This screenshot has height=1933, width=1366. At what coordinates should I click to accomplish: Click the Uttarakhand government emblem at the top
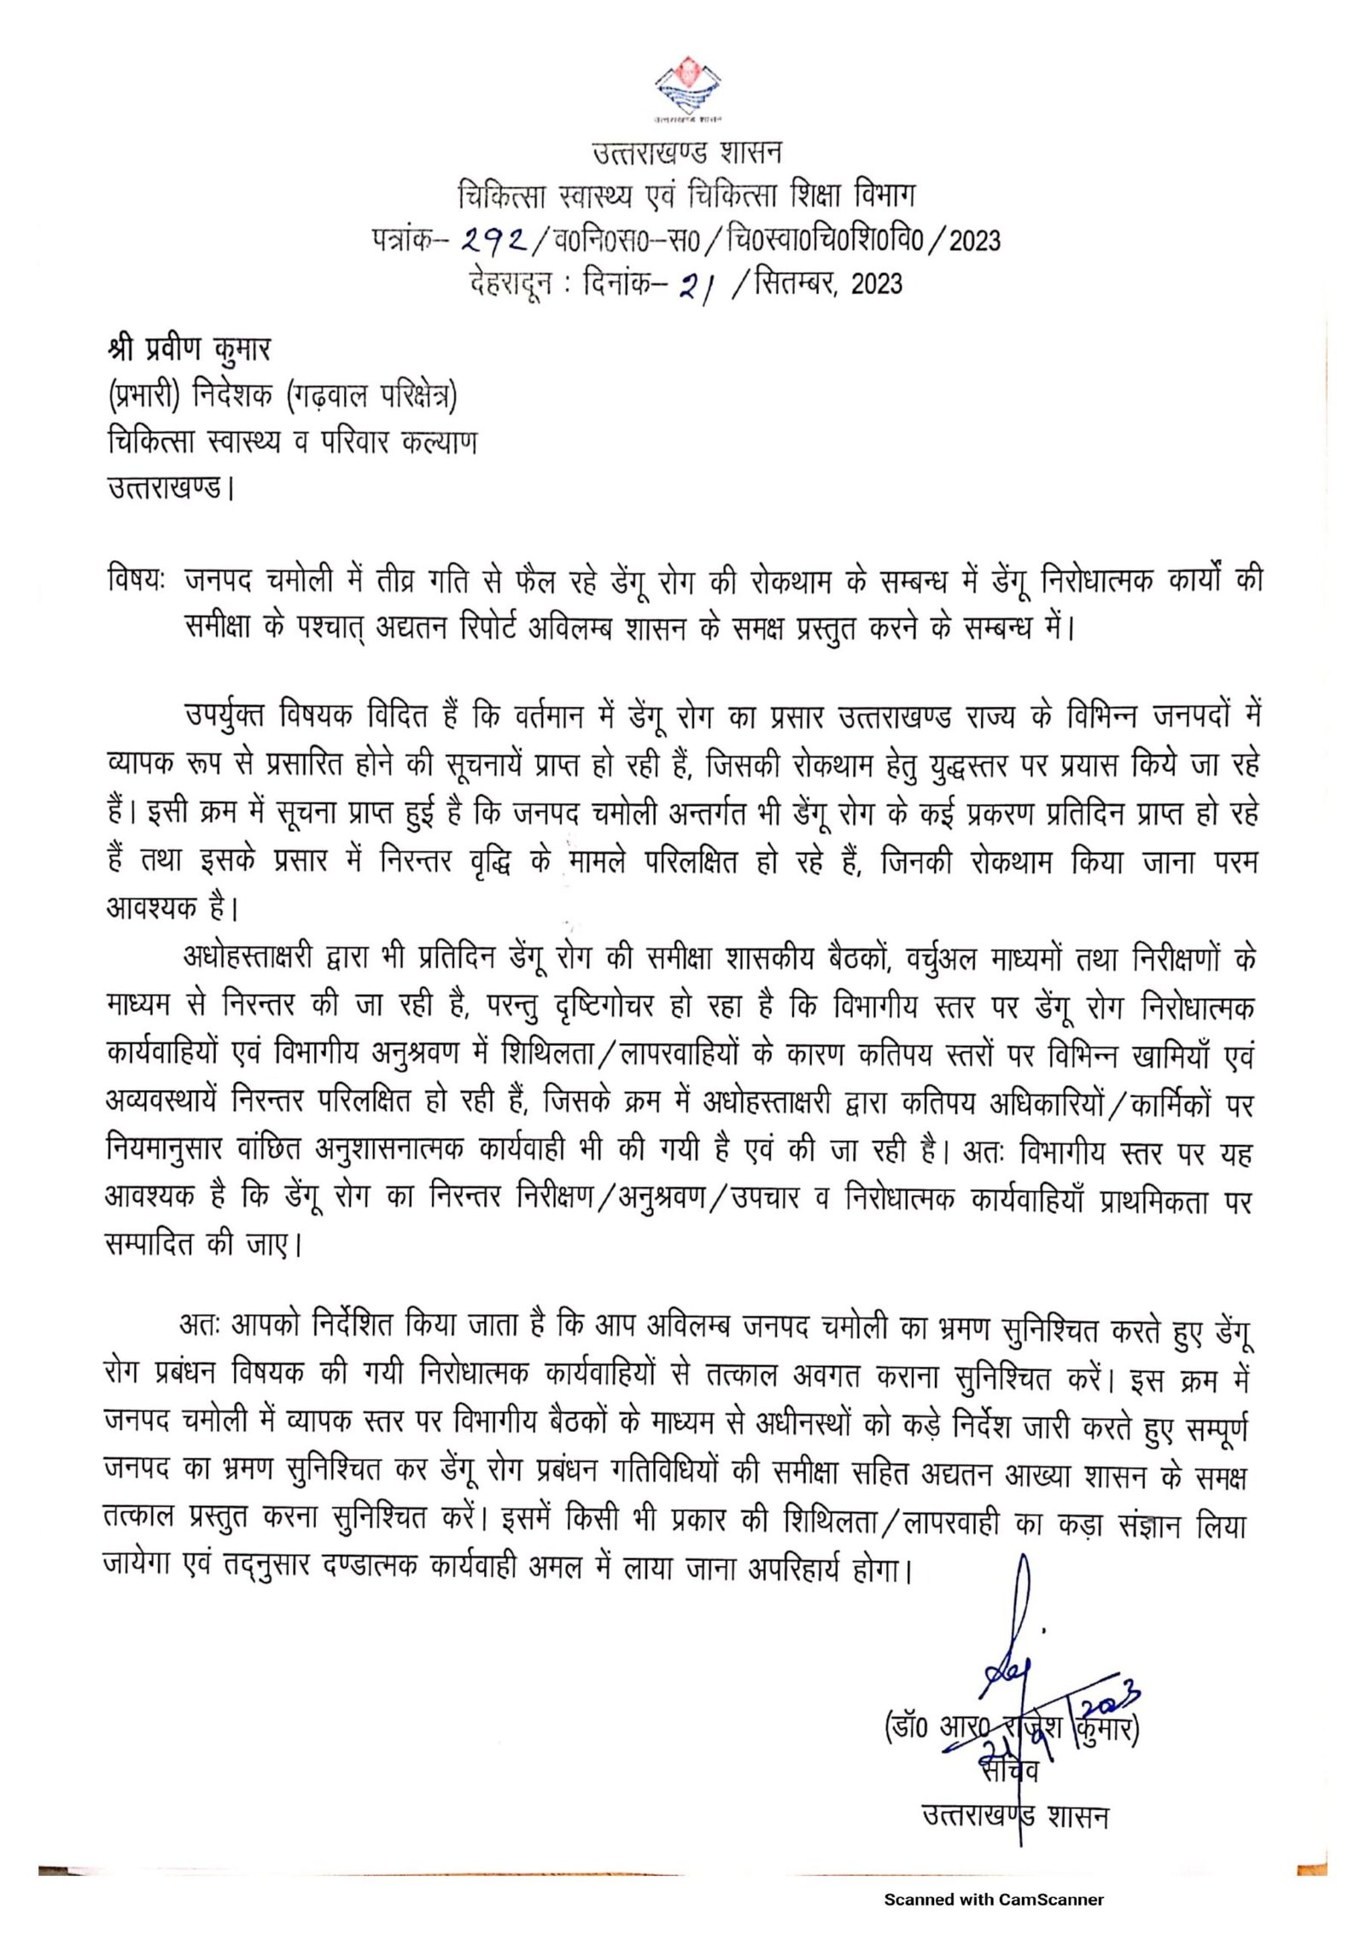687,86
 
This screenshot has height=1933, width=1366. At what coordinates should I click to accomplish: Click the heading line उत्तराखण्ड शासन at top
686,153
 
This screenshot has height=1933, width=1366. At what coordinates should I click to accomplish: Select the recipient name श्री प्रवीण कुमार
189,349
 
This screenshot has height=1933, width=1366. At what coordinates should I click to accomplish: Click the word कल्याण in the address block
439,442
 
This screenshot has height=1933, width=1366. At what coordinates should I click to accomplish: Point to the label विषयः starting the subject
137,580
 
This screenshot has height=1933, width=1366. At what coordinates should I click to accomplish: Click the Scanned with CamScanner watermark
994,1899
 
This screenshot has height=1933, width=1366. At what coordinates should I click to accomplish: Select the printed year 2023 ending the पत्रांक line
974,241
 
